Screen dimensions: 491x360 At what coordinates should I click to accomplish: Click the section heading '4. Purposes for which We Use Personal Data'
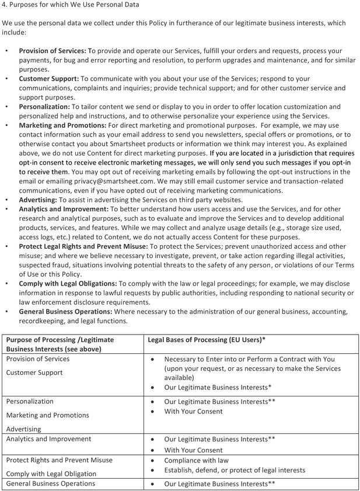click(71, 6)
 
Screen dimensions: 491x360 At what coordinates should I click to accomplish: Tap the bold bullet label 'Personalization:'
click(44, 107)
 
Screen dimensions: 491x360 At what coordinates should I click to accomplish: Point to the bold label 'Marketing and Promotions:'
click(62, 126)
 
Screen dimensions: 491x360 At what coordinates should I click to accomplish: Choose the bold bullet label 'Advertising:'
click(39, 200)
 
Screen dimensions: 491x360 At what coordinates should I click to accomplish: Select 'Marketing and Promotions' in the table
click(47, 415)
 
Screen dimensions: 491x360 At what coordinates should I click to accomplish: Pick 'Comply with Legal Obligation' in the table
click(51, 473)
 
